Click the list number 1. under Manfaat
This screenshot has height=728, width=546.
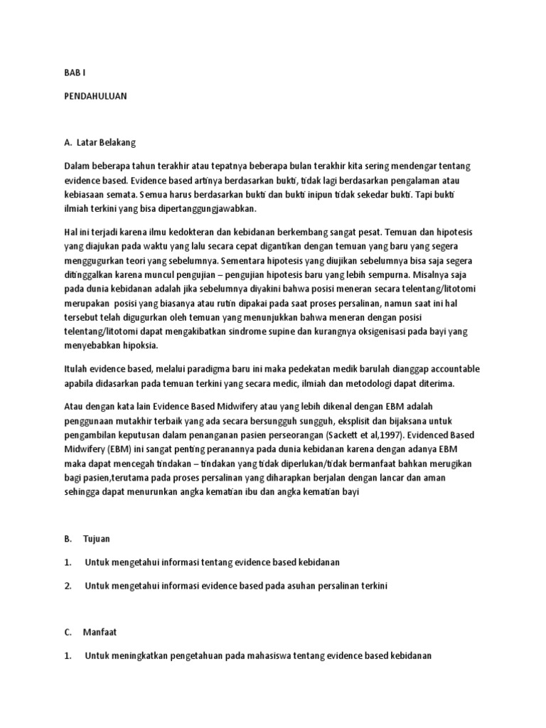68,655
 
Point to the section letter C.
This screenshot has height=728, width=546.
68,630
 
